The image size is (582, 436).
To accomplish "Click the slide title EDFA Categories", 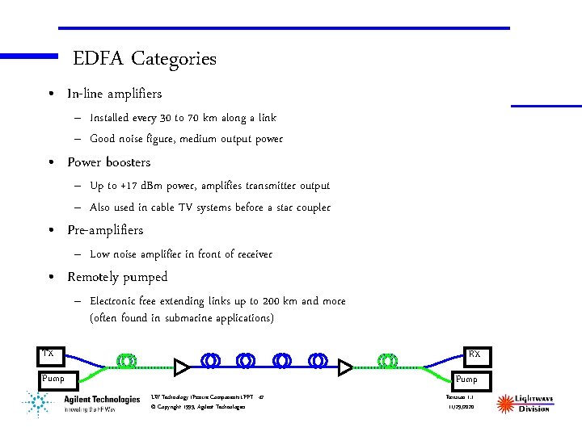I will (144, 59).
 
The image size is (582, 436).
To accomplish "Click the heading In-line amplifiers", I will (114, 94).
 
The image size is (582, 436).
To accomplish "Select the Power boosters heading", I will (108, 162).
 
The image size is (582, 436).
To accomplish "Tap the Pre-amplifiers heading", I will (105, 230).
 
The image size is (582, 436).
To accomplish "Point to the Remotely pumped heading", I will (117, 277).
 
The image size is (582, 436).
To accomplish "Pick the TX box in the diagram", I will (48, 354).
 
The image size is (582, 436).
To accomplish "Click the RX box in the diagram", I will (474, 354).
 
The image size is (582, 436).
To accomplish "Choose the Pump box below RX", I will (466, 379).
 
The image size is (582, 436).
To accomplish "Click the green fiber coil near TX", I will (126, 360).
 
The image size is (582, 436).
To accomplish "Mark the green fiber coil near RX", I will (388, 360).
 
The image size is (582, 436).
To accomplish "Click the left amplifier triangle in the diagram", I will (183, 368).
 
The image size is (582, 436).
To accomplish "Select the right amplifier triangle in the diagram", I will (346, 368).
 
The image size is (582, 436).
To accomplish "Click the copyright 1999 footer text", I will (197, 407).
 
